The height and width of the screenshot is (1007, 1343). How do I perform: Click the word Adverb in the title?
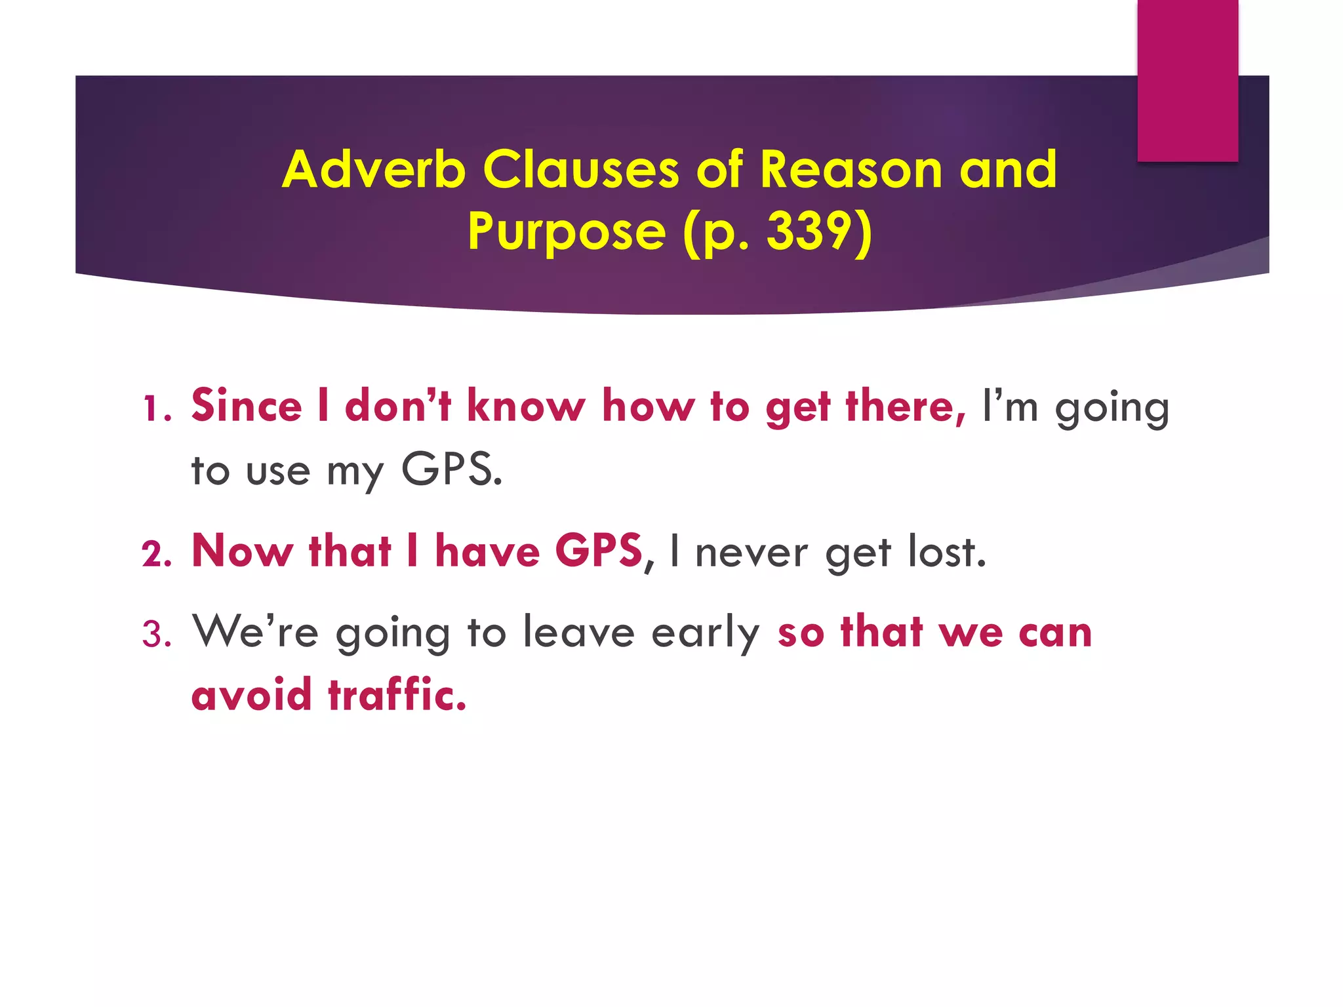click(373, 169)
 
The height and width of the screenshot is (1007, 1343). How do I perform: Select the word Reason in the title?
click(851, 169)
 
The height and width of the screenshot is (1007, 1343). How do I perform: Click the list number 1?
click(156, 408)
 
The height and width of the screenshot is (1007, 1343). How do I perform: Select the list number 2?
click(156, 554)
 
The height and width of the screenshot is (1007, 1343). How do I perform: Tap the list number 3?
click(156, 635)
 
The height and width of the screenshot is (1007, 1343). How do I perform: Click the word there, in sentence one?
click(905, 406)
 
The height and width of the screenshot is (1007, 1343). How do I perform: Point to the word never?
click(751, 553)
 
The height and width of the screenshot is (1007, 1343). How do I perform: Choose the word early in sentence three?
click(705, 633)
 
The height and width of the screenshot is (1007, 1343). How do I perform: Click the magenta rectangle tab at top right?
click(1187, 80)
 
